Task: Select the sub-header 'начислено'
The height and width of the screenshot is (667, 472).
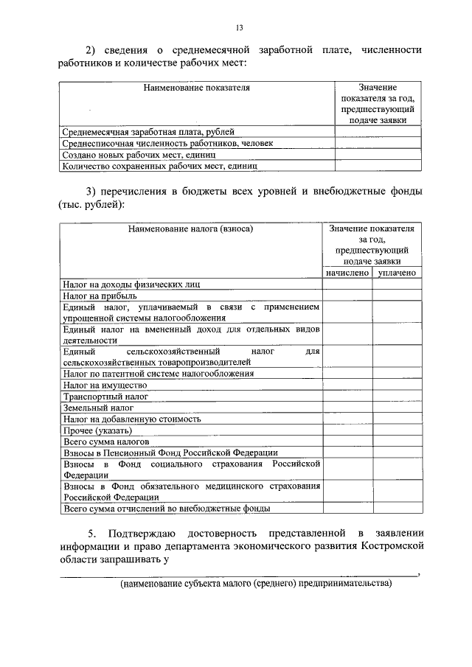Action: coord(347,273)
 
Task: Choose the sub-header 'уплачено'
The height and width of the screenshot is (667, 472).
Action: coord(397,273)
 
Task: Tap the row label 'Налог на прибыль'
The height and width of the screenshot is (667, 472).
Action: coord(100,295)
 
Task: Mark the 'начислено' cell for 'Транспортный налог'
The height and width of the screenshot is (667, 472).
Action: coord(347,397)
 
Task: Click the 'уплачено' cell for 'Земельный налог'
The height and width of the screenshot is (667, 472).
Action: coord(397,408)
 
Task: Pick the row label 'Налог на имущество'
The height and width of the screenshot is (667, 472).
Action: coord(105,385)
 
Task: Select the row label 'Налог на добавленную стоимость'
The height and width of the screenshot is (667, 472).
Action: coord(132,419)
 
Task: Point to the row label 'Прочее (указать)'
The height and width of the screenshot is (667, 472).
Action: coord(98,430)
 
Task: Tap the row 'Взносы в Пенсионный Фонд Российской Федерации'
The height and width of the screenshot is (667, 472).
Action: coord(170,453)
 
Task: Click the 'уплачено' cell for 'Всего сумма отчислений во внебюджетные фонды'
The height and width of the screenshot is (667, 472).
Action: coord(397,509)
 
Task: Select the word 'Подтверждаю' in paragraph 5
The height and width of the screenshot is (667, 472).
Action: coord(139,534)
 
